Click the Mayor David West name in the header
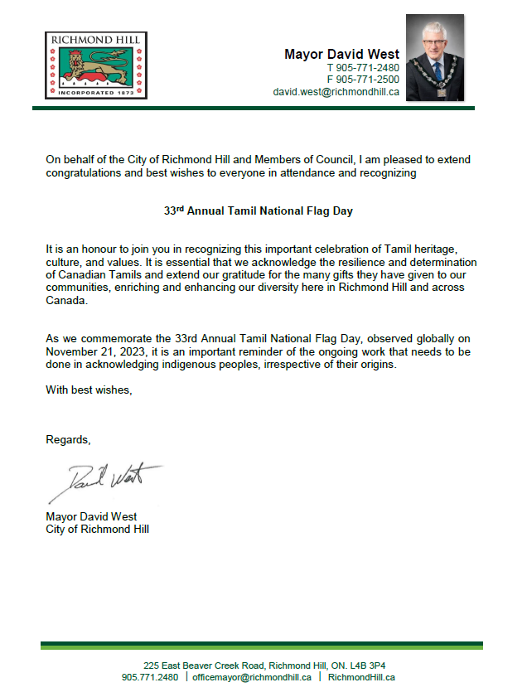(x=341, y=54)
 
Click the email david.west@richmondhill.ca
(x=336, y=92)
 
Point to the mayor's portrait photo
(x=434, y=57)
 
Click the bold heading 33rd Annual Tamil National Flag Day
(x=258, y=211)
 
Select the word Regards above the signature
(x=67, y=439)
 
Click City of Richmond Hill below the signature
(x=97, y=529)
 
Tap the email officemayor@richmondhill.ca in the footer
(x=251, y=677)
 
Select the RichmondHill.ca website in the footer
(x=361, y=677)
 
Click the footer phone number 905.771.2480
(x=150, y=677)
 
